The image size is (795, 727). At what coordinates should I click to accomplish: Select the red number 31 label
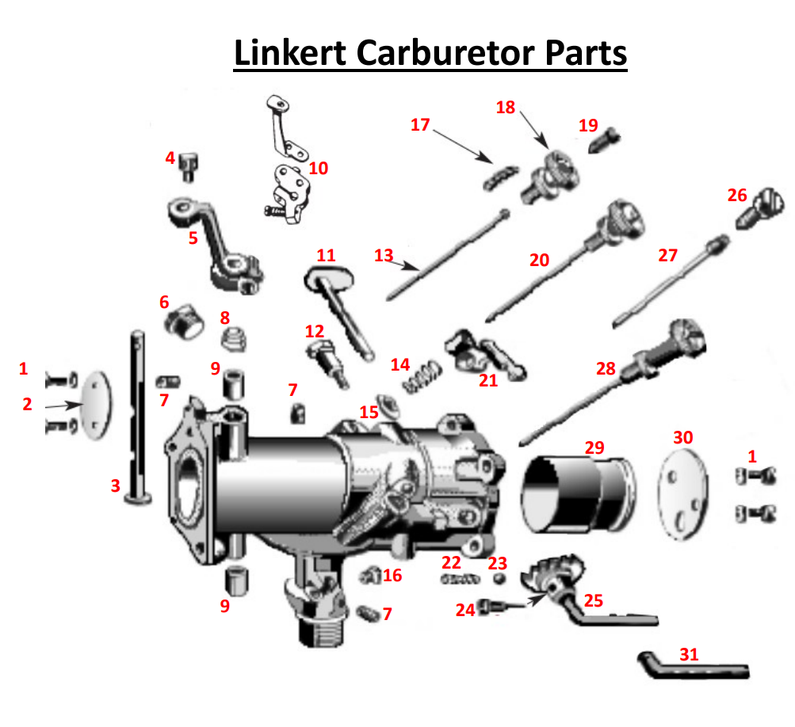tap(690, 654)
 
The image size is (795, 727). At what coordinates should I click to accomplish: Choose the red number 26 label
tap(737, 195)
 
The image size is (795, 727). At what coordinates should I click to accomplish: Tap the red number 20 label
tap(539, 259)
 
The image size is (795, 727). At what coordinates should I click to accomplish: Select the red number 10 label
tap(319, 168)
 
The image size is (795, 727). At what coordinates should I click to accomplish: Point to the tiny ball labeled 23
tap(500, 579)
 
